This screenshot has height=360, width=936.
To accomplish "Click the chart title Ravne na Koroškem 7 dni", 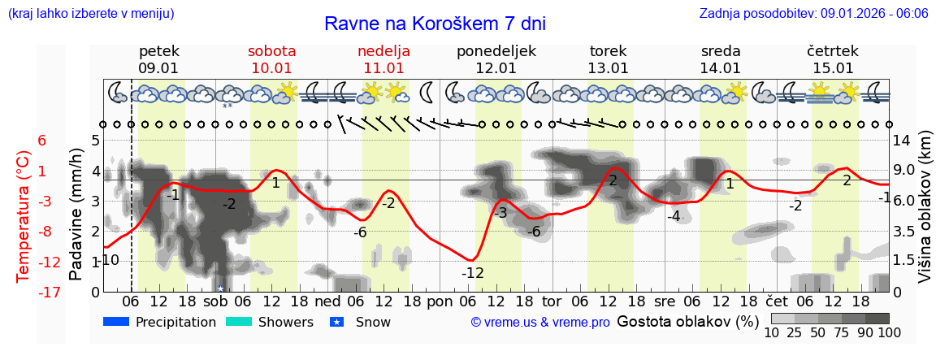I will coord(435,23).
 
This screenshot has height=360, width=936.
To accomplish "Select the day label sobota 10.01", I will coord(271,59).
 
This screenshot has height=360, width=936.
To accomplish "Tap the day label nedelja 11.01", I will coord(383,59).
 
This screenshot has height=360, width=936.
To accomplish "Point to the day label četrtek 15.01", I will coord(833,59).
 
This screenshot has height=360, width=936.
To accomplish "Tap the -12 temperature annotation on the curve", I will coord(473,273).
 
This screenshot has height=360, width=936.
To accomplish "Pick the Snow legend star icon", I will coord(337,322).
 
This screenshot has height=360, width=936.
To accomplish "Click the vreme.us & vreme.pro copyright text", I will coord(540,323).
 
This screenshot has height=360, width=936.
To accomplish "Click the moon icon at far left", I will coord(118,91).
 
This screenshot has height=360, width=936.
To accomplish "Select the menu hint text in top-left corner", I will coord(90,14).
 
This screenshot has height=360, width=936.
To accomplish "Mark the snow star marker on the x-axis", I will coord(220,288).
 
